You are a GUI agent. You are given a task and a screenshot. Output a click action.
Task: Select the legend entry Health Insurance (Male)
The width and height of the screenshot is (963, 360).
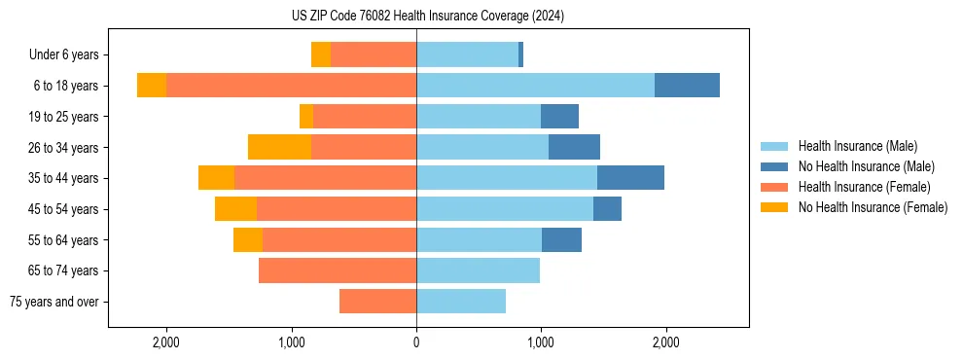pos(857,146)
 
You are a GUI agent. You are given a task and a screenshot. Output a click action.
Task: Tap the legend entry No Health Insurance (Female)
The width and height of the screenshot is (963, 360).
pos(873,207)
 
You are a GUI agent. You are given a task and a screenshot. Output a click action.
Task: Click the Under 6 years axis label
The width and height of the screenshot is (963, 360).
pos(63,55)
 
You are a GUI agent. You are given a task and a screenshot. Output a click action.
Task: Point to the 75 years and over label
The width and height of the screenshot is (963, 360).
pos(53,302)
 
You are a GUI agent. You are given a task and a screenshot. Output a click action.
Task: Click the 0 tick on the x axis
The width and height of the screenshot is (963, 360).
pos(416,342)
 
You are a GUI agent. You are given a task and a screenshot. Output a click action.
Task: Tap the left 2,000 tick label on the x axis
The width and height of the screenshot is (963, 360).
pos(166,342)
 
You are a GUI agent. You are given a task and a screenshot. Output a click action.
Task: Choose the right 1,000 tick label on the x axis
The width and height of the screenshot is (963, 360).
pos(540,342)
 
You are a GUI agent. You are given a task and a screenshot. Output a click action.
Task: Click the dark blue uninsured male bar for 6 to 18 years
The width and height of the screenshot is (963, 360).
pos(687,86)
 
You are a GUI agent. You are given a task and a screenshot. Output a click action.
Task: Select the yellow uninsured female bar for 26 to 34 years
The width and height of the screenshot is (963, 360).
pos(279,147)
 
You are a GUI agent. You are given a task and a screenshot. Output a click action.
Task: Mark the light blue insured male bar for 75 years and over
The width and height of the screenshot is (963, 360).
pos(461,302)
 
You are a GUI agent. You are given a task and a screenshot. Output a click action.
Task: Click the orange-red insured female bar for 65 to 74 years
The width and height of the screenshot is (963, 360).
pos(338,270)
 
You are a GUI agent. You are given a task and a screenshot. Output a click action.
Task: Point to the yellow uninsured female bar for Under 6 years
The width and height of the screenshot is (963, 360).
pos(321,54)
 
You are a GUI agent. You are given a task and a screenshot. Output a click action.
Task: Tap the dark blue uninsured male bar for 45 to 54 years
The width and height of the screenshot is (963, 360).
pos(607,209)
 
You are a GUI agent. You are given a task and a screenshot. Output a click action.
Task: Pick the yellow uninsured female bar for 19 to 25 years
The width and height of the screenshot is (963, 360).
pos(306,117)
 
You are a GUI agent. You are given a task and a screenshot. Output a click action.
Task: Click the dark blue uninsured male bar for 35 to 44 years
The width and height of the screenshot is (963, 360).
pos(630,178)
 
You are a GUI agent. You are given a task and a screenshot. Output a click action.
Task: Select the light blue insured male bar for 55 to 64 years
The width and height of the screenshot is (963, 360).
pos(479,239)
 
